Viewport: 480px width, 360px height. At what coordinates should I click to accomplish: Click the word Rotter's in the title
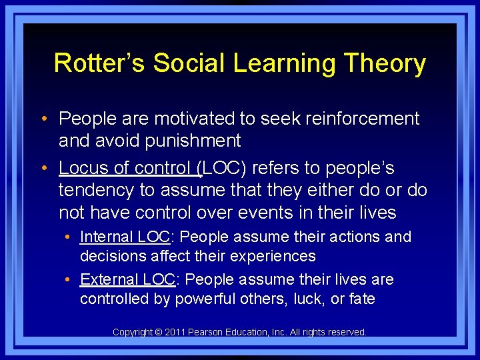100,63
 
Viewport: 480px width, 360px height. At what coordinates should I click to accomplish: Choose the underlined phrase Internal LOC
124,237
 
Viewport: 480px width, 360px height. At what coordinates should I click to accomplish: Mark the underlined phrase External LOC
127,279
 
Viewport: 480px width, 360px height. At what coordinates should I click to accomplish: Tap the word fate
362,299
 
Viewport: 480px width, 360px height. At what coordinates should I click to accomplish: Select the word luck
307,299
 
